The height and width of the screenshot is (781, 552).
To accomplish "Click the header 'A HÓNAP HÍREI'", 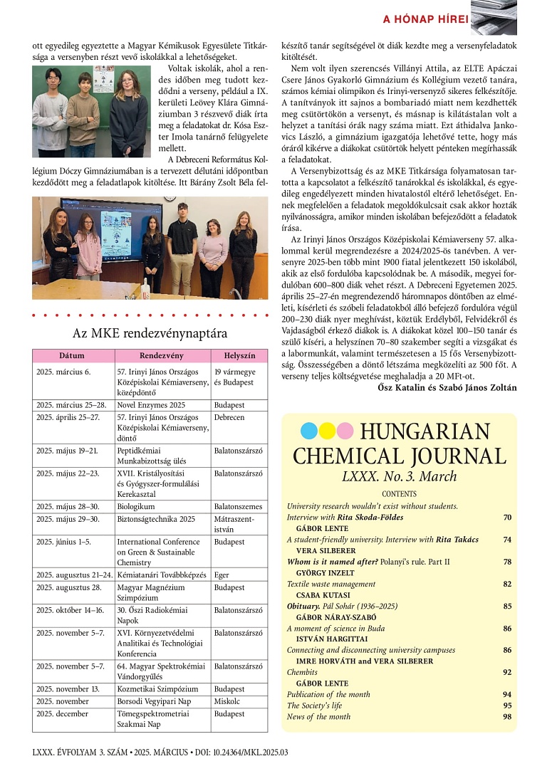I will pos(426,19).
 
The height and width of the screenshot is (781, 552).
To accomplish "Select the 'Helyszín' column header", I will pos(239,355).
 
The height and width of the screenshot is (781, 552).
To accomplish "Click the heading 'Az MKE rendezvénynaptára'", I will pos(150,333).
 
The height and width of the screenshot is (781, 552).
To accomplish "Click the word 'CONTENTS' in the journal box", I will pos(400,494).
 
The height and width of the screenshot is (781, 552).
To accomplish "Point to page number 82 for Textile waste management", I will pos(507,584).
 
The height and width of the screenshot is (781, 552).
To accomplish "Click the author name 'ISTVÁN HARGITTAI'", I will pos(328,639).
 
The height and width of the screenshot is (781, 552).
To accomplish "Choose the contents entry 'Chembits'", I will pos(302,671).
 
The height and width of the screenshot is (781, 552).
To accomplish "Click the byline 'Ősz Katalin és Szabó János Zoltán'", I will pos(447,387).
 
